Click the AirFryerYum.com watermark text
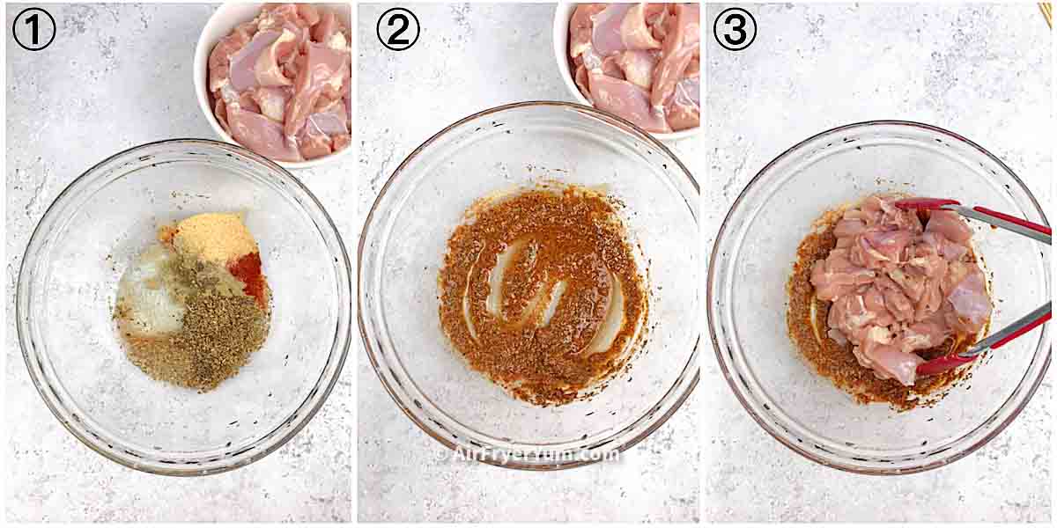[528, 454]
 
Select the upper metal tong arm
[1004, 220]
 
